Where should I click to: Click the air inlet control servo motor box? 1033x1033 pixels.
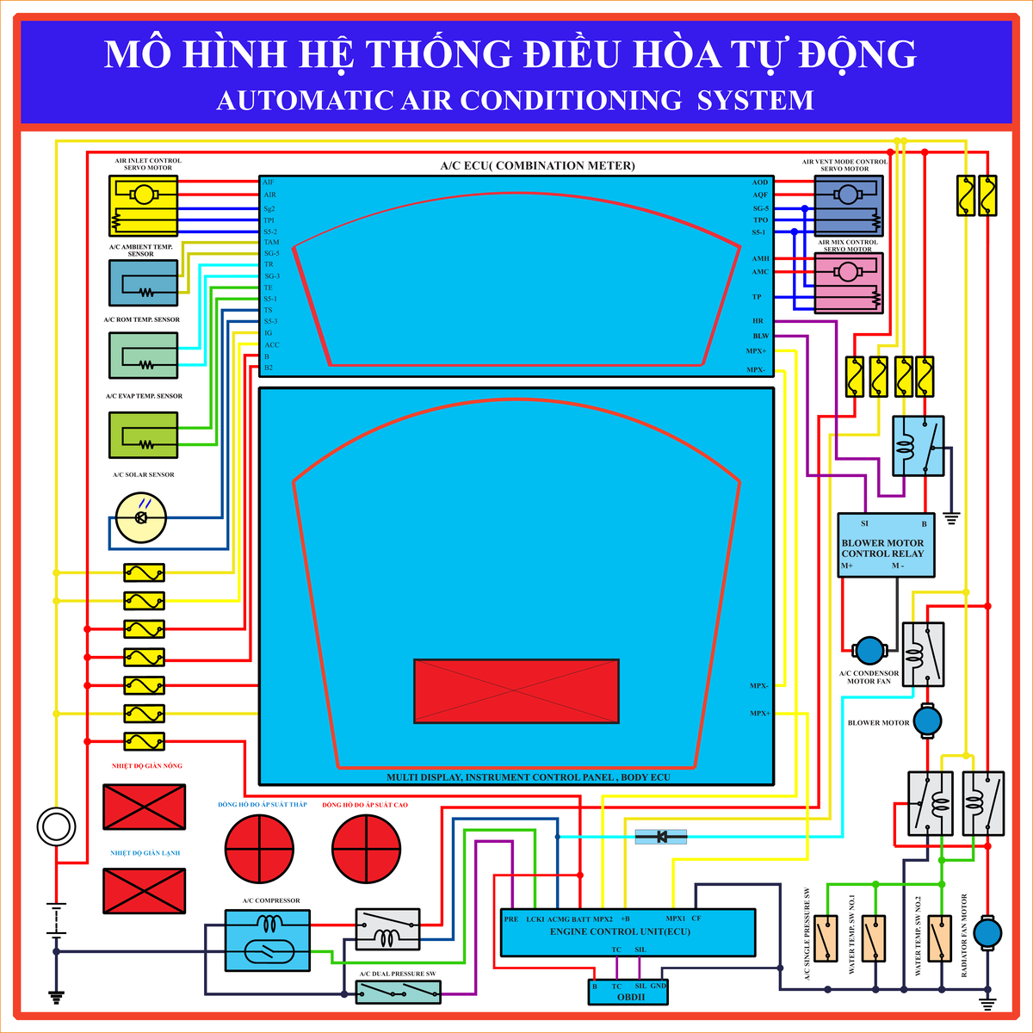[x=144, y=206]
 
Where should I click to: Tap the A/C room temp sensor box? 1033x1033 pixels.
[x=144, y=356]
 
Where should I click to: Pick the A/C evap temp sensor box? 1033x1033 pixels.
[x=144, y=436]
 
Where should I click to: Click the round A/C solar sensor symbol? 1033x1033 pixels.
[x=141, y=516]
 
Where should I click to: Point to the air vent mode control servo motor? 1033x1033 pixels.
[x=849, y=206]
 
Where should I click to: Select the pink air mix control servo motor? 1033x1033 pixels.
[x=849, y=282]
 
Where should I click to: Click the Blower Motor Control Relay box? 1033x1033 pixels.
[x=886, y=545]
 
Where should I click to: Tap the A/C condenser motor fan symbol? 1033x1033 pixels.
[x=869, y=652]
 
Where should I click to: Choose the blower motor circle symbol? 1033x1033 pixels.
[x=928, y=721]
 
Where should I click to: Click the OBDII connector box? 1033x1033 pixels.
[x=629, y=992]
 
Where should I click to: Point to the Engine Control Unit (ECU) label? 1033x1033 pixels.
[x=621, y=931]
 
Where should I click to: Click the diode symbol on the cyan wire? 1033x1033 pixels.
[x=661, y=836]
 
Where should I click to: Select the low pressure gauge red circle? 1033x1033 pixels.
[x=259, y=849]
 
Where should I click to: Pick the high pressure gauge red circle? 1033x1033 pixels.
[x=367, y=849]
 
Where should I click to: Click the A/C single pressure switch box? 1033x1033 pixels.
[x=827, y=938]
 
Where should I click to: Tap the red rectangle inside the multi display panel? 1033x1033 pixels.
[x=516, y=691]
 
